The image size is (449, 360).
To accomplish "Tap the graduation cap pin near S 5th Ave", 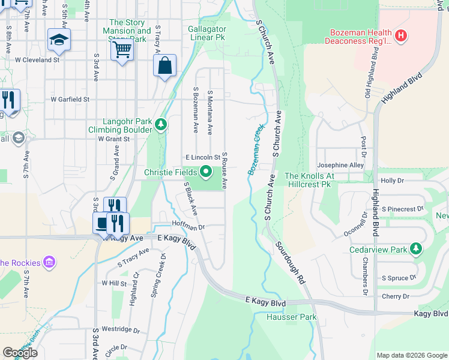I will [59, 40].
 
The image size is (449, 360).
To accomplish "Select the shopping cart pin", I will [122, 50].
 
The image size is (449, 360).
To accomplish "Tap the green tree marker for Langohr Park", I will [160, 125].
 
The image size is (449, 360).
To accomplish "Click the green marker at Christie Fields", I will [206, 173].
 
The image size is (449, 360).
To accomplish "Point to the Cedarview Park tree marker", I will [415, 249].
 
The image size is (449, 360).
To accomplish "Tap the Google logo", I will [20, 353].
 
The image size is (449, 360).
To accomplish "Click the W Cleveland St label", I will [37, 60].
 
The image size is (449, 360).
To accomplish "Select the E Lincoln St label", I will [202, 157].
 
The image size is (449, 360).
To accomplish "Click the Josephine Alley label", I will [340, 165].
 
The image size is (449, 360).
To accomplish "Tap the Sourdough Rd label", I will [291, 263].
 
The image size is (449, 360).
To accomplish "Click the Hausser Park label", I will [283, 317].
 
